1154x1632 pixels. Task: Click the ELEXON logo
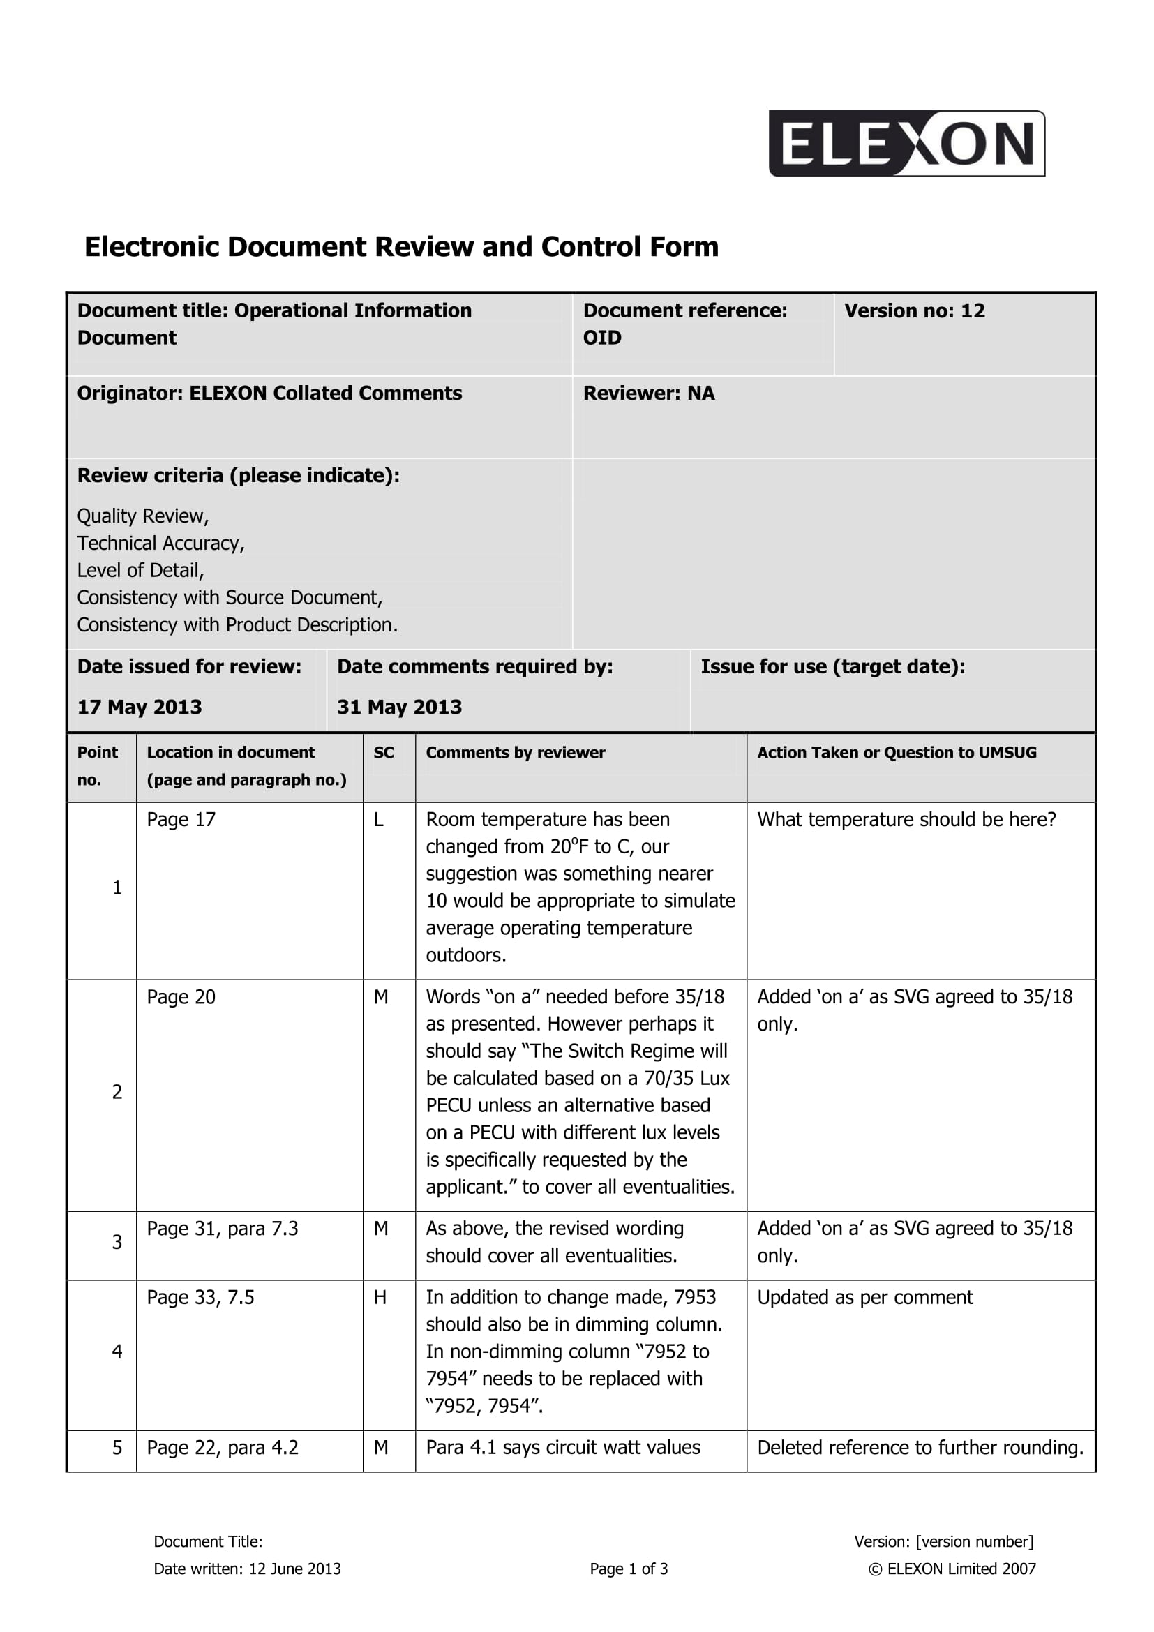(x=906, y=143)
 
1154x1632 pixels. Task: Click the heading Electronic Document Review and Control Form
(x=401, y=246)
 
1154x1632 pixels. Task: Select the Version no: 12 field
(x=914, y=310)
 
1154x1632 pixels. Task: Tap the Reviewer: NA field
(x=648, y=393)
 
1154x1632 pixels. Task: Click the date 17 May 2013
(x=140, y=707)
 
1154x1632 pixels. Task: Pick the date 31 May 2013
(x=399, y=707)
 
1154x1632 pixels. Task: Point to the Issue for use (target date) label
(x=832, y=667)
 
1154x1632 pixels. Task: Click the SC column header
(x=384, y=753)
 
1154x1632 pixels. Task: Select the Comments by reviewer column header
(x=515, y=753)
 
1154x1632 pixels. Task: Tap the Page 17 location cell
(x=181, y=820)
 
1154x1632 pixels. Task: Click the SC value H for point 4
(x=380, y=1297)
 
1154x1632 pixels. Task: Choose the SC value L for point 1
(x=379, y=820)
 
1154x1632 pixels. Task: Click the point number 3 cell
(x=117, y=1242)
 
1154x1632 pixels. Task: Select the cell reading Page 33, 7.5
(x=200, y=1297)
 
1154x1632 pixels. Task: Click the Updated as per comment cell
(x=864, y=1297)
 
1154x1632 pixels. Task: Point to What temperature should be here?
(x=906, y=820)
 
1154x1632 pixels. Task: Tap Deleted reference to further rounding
(x=920, y=1448)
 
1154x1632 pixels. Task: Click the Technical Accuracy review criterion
(x=160, y=543)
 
